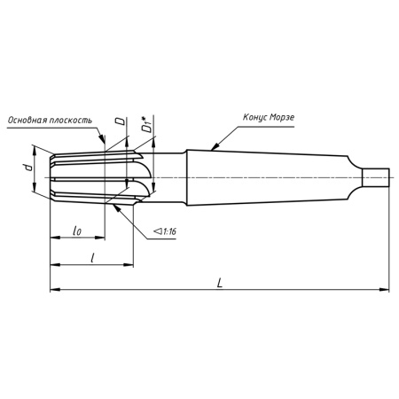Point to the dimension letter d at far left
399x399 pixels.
(27, 168)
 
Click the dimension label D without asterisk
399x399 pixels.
(121, 124)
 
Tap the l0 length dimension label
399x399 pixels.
(77, 231)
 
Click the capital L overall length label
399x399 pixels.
(219, 281)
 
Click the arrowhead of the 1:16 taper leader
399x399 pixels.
(116, 206)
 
